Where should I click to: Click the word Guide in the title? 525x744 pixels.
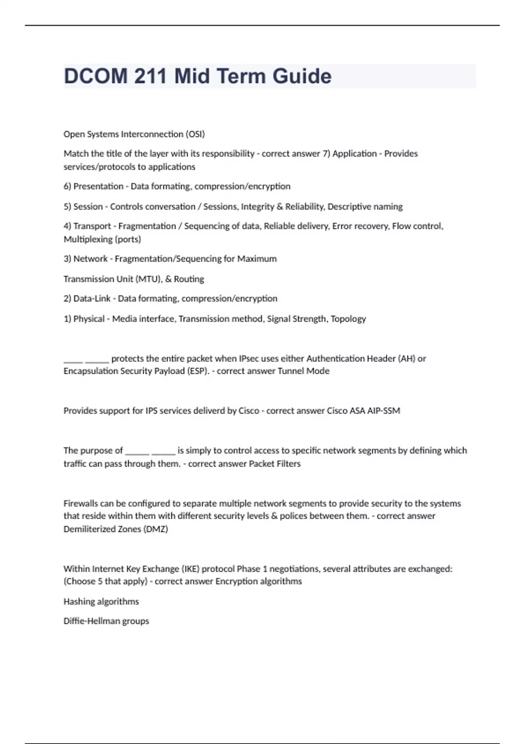[302, 76]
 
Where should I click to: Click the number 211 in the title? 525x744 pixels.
[150, 76]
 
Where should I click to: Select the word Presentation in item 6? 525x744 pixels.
[98, 186]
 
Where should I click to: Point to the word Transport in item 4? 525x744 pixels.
[92, 226]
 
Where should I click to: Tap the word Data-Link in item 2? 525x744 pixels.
[92, 298]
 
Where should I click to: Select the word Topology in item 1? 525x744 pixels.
[348, 319]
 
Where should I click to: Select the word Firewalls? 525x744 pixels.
[81, 503]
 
